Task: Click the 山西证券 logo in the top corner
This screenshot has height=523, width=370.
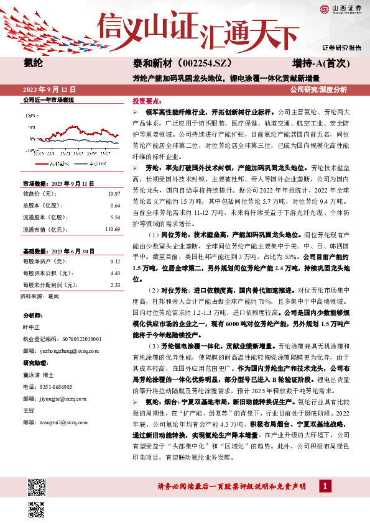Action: pyautogui.click(x=340, y=9)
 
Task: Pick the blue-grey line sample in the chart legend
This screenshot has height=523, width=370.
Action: pyautogui.click(x=81, y=163)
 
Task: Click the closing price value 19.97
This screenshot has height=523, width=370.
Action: pyautogui.click(x=113, y=194)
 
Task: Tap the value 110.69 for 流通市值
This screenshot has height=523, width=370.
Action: pyautogui.click(x=112, y=229)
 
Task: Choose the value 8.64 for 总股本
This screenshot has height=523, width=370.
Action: pyautogui.click(x=114, y=205)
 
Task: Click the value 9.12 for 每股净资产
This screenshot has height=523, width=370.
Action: pyautogui.click(x=114, y=262)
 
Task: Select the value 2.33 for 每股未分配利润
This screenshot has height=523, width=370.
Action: pyautogui.click(x=114, y=285)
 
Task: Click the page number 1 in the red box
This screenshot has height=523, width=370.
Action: pyautogui.click(x=323, y=485)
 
